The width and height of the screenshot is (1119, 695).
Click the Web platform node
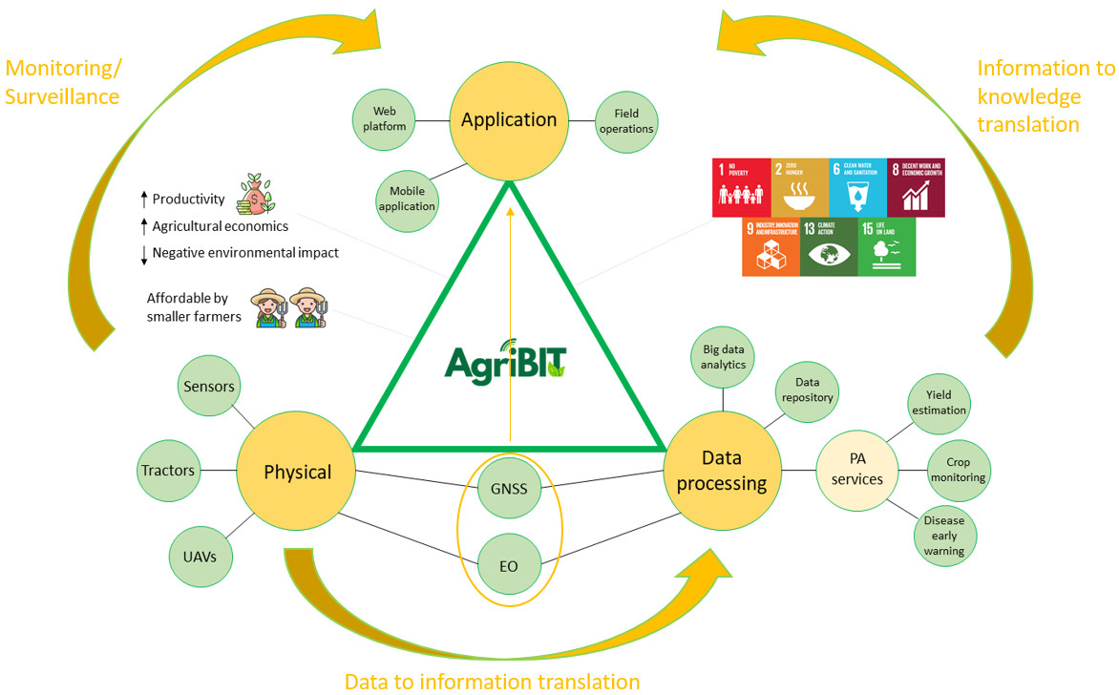[x=390, y=119]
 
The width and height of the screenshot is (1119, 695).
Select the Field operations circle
[x=626, y=121]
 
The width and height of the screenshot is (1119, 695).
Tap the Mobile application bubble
[x=407, y=200]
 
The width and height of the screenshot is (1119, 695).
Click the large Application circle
[x=509, y=120]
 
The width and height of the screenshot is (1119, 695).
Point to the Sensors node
[x=209, y=387]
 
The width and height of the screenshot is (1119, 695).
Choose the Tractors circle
[x=168, y=471]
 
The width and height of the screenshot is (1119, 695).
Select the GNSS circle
[x=509, y=489]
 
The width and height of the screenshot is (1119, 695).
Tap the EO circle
[x=509, y=566]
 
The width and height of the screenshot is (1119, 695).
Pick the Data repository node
[x=807, y=390]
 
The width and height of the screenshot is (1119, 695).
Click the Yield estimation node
[x=939, y=402]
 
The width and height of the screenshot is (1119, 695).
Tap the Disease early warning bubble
[x=943, y=536]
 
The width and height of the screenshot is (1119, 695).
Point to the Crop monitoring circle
[x=958, y=470]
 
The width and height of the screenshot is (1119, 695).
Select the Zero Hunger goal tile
[x=800, y=187]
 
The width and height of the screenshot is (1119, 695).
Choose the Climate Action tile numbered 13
[x=829, y=247]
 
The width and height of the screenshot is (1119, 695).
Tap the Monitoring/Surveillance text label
[x=63, y=82]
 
